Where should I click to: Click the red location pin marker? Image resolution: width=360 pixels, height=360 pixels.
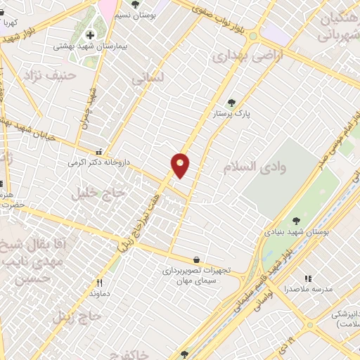[x=181, y=165]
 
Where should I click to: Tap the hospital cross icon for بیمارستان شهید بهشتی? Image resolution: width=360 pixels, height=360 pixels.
[x=90, y=35]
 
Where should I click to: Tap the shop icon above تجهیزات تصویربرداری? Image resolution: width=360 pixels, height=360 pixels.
[x=195, y=259]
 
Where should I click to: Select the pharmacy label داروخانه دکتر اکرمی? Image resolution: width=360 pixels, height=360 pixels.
[x=99, y=162]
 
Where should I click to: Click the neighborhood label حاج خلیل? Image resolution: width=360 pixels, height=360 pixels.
[x=98, y=192]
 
